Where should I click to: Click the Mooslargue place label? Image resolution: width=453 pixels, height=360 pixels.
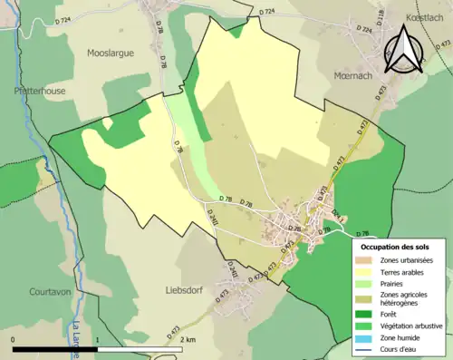(x=110, y=53)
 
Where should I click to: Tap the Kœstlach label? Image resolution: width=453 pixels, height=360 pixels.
(x=424, y=16)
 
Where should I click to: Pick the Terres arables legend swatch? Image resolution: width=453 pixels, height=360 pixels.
(x=366, y=272)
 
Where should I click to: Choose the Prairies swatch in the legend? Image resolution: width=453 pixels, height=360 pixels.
(x=366, y=283)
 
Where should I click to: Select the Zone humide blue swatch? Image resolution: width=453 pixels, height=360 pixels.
(x=366, y=337)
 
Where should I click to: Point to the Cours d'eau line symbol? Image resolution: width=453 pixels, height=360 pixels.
(x=366, y=348)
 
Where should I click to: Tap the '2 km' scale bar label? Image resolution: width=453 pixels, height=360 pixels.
(x=188, y=339)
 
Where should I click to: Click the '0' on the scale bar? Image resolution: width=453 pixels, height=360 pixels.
(x=14, y=339)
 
